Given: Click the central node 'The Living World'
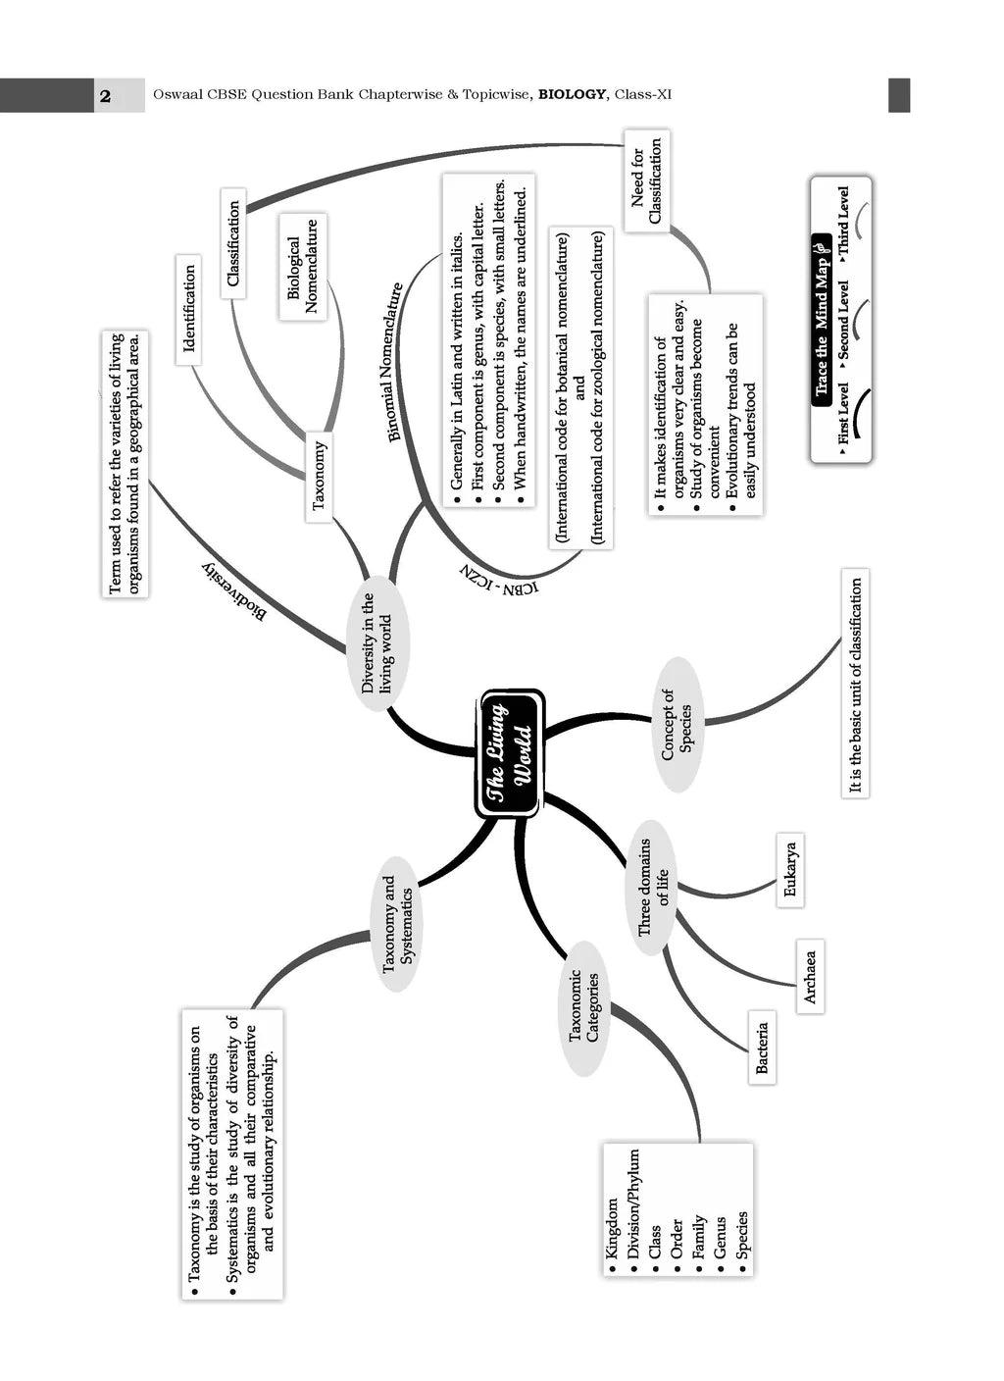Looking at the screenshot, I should pos(510,753).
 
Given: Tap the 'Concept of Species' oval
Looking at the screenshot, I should pos(678,725).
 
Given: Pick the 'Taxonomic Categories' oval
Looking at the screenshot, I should pos(584,1006).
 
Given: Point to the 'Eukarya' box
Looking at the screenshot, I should pos(791,871).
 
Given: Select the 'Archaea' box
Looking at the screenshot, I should pos(809,976).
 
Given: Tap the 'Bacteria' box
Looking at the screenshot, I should pos(762,1048).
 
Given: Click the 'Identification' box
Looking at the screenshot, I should pos(189,309).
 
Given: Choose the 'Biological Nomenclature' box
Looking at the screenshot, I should pos(303,267).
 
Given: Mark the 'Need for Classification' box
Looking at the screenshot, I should pos(646,180).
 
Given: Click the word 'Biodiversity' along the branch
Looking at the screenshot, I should pos(233,591).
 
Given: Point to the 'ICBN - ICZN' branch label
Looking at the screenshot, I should pos(498,581).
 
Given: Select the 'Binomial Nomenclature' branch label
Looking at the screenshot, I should pos(395,362).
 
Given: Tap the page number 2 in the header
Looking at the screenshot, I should pos(105,95).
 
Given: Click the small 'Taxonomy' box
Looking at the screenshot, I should pos(319,476).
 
